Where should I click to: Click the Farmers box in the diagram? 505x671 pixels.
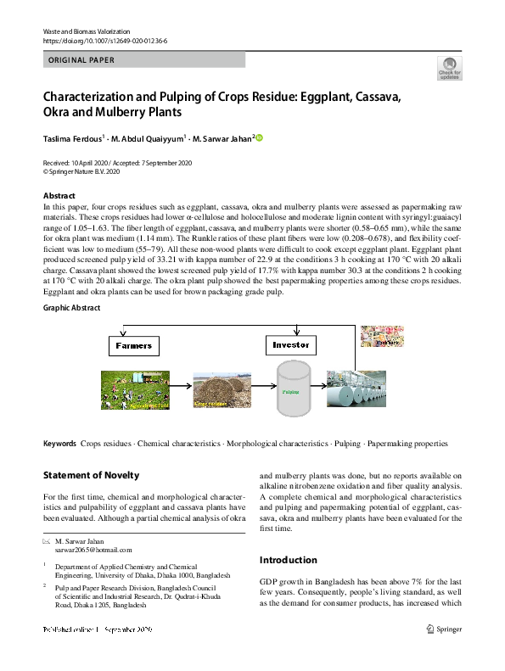tap(134, 346)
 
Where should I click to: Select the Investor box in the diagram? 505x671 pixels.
tap(291, 346)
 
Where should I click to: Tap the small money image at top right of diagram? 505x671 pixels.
tap(388, 336)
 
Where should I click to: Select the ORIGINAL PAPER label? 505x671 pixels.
tap(81, 60)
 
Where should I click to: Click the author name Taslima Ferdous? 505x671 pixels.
tap(72, 138)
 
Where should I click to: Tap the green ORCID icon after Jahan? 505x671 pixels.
tap(260, 138)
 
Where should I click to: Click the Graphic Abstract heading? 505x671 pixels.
tap(71, 308)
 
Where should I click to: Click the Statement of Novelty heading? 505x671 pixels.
tap(91, 475)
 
